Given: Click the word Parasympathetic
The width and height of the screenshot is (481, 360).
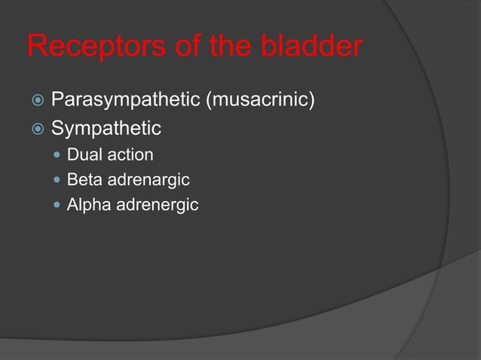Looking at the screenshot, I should point(125,99).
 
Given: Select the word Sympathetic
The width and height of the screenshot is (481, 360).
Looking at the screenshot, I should point(106,128).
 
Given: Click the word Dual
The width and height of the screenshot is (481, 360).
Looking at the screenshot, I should point(84,155).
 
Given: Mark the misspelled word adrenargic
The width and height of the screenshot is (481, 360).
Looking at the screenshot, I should point(148,180).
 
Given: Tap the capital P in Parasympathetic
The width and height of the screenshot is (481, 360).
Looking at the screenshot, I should point(57,99).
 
